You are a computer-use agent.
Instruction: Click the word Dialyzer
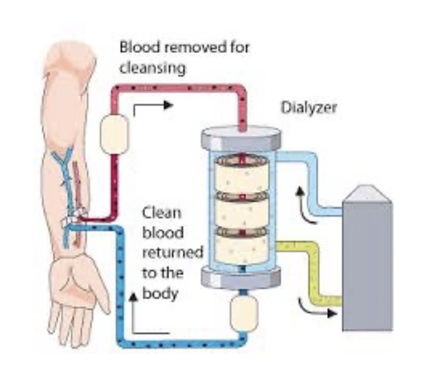309,108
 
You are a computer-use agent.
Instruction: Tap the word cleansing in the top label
152,68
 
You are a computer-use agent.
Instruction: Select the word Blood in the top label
139,48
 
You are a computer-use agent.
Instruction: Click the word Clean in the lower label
161,213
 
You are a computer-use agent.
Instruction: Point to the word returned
173,252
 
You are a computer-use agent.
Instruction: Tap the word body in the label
160,293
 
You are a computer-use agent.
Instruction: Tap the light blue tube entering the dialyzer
311,181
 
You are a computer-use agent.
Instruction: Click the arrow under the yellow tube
317,310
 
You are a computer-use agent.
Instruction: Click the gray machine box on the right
367,265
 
